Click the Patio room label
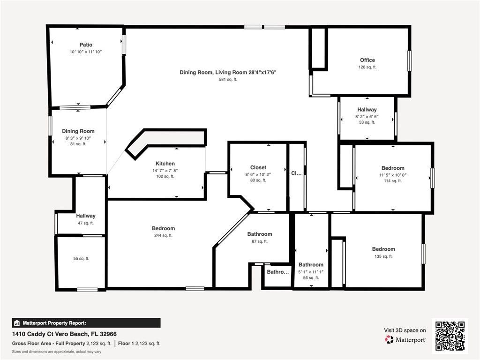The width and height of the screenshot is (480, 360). click(x=86, y=45)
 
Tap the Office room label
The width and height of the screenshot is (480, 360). click(x=367, y=60)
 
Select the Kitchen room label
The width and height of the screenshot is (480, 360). click(x=165, y=164)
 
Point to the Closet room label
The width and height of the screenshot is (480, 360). click(x=258, y=167)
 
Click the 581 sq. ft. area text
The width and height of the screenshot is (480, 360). click(x=228, y=80)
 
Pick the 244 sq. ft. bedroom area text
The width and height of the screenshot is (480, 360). click(x=163, y=235)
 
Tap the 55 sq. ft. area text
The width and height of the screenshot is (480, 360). click(x=81, y=258)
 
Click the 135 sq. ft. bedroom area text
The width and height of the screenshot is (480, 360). click(x=383, y=256)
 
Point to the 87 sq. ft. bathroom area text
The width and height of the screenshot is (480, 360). click(x=259, y=241)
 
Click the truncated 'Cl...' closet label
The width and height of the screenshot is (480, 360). click(x=296, y=173)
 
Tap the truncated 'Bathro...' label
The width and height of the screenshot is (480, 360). click(x=278, y=272)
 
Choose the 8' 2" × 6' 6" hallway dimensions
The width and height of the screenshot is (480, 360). click(x=367, y=116)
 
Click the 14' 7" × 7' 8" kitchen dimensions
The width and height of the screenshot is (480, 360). click(x=165, y=170)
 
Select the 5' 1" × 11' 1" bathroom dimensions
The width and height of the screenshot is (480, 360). click(x=311, y=271)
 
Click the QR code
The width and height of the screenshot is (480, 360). click(x=450, y=336)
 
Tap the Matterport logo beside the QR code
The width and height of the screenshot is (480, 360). click(x=405, y=339)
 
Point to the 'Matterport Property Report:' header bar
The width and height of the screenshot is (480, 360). click(x=86, y=323)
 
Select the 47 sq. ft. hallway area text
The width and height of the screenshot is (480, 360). click(x=86, y=223)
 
